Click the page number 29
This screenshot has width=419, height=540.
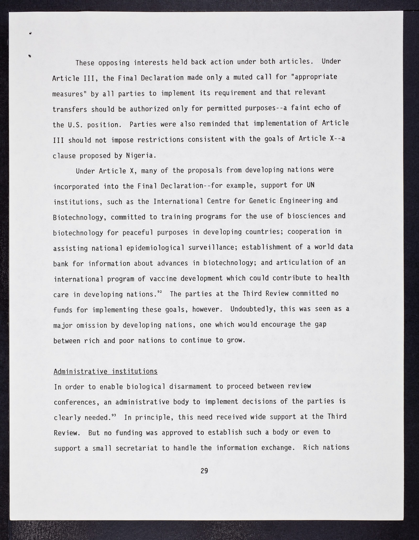pyautogui.click(x=204, y=471)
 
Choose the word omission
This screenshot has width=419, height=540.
pyautogui.click(x=92, y=325)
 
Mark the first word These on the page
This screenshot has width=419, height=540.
pyautogui.click(x=85, y=63)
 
